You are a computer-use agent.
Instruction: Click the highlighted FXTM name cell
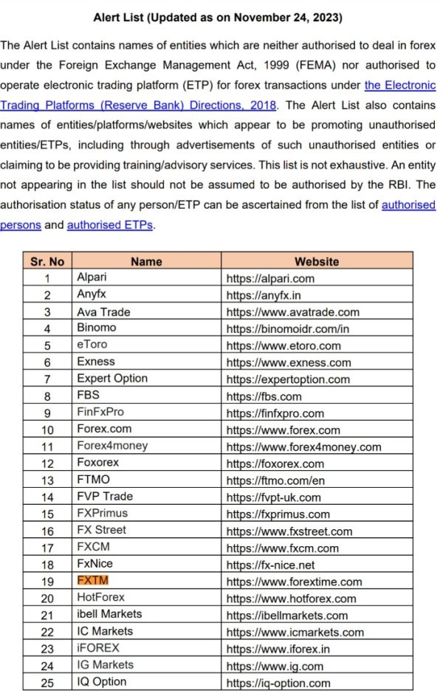tap(93, 581)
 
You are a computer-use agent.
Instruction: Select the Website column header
tap(317, 261)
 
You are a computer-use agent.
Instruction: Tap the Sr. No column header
tap(47, 261)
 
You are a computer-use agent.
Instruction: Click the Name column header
tap(146, 261)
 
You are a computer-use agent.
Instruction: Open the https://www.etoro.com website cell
tap(284, 345)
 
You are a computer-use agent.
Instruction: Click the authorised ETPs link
tap(109, 225)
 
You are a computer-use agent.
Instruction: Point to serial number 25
tap(47, 683)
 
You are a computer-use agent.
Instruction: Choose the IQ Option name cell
tap(102, 682)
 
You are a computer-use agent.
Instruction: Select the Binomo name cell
tap(97, 328)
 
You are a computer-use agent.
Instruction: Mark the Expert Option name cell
tap(112, 379)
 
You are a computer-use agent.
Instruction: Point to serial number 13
tap(47, 480)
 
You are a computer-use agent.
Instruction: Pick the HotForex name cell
tap(101, 598)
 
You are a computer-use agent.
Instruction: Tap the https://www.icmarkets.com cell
tap(295, 632)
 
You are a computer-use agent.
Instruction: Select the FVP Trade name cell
tap(105, 497)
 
